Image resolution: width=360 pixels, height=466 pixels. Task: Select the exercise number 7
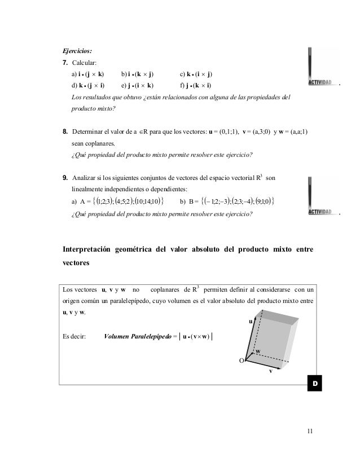click(65, 63)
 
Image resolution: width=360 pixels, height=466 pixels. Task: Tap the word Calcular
click(85, 63)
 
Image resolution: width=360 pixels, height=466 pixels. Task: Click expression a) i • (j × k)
click(87, 74)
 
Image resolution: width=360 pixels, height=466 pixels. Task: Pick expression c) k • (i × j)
click(196, 74)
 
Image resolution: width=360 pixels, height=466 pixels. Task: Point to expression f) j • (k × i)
click(196, 85)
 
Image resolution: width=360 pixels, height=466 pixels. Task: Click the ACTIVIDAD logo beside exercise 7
click(323, 69)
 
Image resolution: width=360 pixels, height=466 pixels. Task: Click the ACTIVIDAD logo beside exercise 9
click(323, 196)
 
